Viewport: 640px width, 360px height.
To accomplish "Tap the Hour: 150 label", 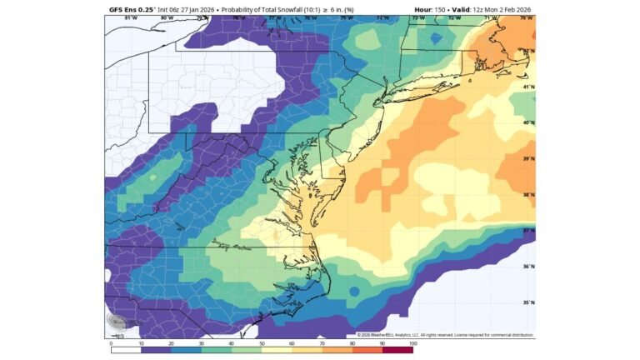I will [x=431, y=10].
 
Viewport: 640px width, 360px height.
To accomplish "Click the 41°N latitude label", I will [x=527, y=87].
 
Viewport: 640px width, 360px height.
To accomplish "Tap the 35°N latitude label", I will [x=527, y=303].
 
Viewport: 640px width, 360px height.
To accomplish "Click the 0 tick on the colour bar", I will [x=111, y=342].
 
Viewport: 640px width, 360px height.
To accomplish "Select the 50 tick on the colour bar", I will [x=262, y=342].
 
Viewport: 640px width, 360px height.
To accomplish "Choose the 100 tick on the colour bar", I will [x=412, y=342].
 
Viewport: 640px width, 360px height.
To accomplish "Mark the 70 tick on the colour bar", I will [x=322, y=342].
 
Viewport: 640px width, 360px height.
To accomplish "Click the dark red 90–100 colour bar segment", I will [x=397, y=349].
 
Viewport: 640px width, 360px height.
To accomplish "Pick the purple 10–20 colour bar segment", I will [x=156, y=349].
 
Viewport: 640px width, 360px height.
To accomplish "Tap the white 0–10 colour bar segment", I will [x=126, y=349].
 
